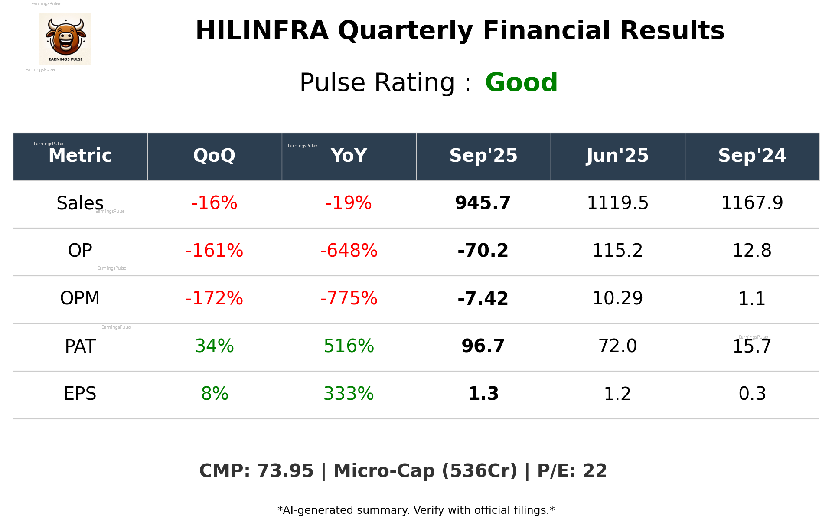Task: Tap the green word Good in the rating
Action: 521,82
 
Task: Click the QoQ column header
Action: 214,156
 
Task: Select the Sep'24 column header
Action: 752,156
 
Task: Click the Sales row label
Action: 80,203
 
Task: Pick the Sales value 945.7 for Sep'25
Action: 483,203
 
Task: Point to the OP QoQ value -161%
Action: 214,251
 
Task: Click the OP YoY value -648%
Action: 349,251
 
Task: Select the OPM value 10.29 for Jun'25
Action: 617,298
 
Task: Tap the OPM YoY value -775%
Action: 349,298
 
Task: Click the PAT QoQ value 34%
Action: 214,346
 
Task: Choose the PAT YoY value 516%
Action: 349,346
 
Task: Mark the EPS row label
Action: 80,394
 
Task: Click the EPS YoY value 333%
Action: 349,394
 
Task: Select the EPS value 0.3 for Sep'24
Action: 752,394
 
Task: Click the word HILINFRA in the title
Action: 262,31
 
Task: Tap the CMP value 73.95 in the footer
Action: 285,471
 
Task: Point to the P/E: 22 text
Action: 572,471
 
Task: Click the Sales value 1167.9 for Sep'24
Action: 752,203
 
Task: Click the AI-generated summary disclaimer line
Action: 416,510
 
